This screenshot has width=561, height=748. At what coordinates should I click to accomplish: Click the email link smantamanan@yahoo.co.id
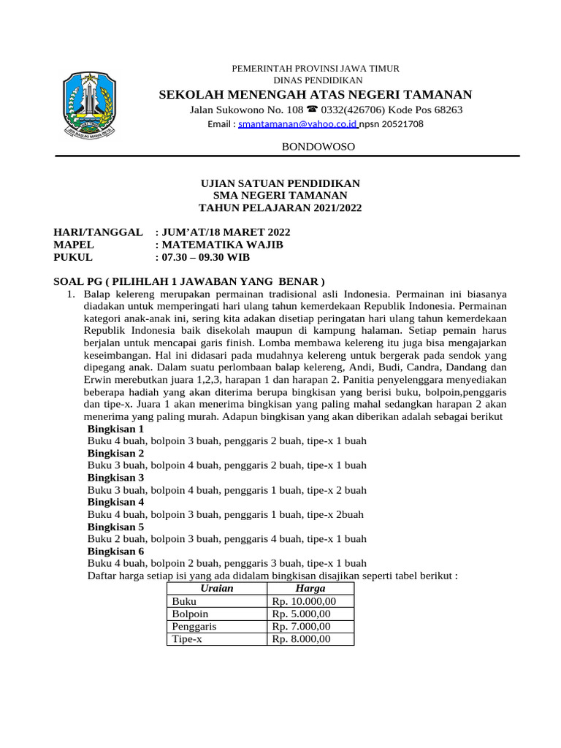click(297, 124)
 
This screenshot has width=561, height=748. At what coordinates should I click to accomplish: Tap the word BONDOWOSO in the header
click(318, 147)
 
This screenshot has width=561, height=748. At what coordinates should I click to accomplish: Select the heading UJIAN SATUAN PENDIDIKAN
click(280, 183)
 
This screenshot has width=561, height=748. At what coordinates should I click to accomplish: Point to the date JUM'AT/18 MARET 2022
click(227, 232)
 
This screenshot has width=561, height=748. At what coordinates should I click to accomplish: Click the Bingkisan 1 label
click(115, 429)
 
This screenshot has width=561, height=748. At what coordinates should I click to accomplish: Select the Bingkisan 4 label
click(115, 502)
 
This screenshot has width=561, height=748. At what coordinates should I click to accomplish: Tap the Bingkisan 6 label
click(115, 551)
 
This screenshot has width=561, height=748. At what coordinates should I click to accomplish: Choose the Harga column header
click(310, 589)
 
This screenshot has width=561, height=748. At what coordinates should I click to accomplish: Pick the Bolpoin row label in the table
click(190, 614)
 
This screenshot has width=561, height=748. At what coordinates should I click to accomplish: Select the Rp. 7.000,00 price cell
click(301, 626)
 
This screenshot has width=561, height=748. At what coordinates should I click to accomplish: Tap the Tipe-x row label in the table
click(187, 638)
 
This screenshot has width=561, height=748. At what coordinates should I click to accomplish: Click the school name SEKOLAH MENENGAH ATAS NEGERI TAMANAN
click(316, 94)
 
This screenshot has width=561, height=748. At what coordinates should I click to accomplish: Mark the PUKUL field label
click(74, 257)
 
